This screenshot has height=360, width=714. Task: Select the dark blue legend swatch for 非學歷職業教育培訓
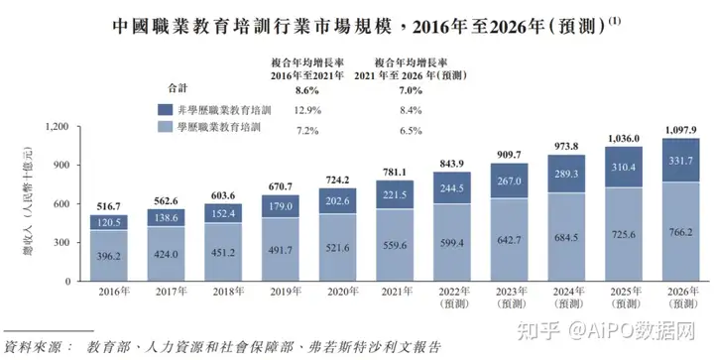coord(164,109)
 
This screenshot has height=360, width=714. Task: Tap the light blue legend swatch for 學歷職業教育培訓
coord(164,129)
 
